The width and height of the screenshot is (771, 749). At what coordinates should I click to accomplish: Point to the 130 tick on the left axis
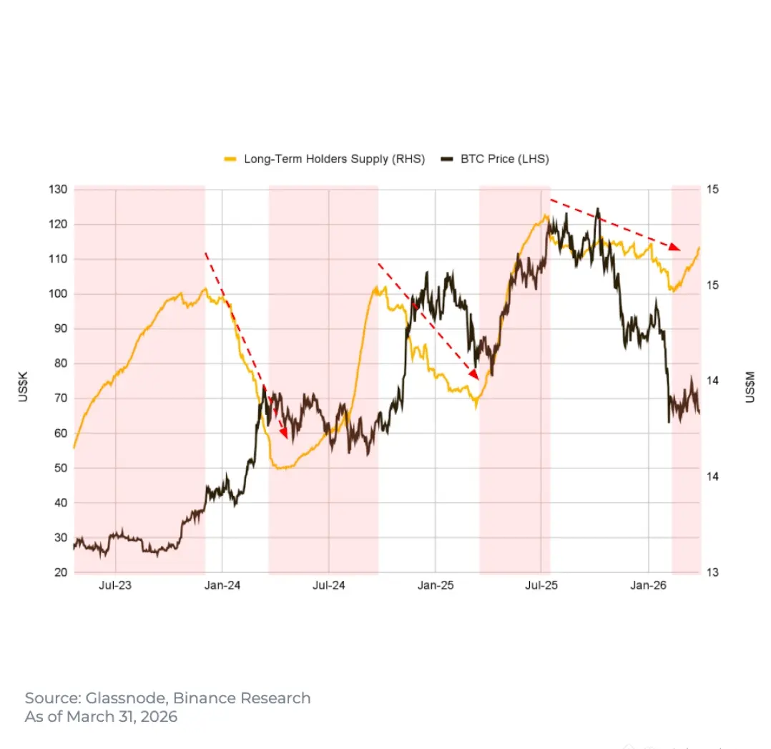click(59, 190)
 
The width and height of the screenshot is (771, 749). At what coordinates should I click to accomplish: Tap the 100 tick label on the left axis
click(59, 294)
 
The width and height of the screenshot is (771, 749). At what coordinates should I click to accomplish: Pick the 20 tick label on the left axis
click(61, 572)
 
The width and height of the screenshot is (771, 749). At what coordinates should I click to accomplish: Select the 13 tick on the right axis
click(713, 572)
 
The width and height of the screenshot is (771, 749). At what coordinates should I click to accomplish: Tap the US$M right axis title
click(750, 386)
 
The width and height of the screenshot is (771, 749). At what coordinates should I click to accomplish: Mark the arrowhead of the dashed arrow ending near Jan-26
click(676, 247)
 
